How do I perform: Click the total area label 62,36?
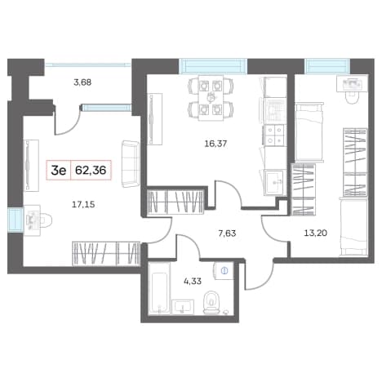click(91, 171)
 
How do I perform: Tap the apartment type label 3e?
click(59, 171)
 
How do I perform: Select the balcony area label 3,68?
click(82, 82)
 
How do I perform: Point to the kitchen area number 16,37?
click(215, 144)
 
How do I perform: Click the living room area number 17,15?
click(83, 204)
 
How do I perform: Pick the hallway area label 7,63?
click(227, 233)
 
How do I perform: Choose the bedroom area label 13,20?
click(315, 233)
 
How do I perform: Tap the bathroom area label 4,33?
click(193, 281)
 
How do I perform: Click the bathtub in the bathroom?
click(159, 289)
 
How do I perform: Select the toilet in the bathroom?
click(211, 303)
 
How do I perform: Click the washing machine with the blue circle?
click(224, 271)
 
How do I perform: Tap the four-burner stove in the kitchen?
click(274, 135)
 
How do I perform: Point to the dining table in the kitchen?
click(211, 98)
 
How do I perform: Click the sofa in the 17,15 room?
click(131, 164)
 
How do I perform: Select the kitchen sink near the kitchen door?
click(275, 182)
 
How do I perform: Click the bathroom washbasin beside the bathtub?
click(183, 307)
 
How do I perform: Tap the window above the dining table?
click(213, 66)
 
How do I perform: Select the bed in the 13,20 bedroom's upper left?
click(309, 132)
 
